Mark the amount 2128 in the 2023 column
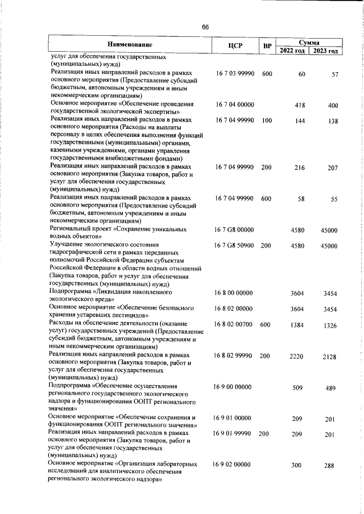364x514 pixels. tap(330, 357)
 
